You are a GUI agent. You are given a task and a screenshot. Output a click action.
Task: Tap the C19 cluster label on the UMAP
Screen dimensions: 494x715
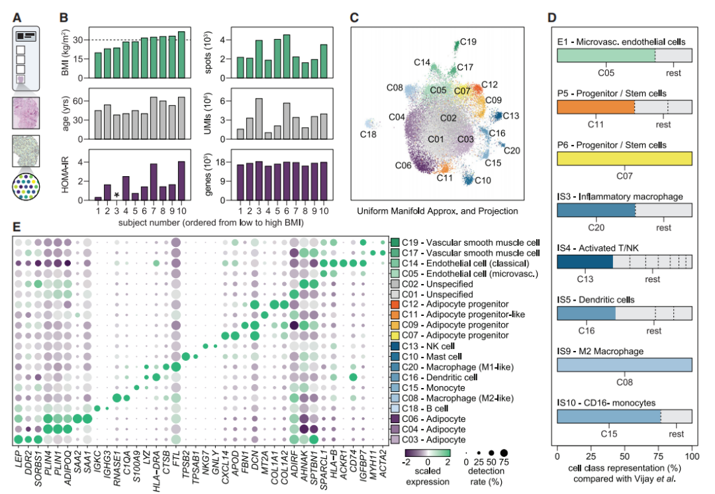[x=468, y=42]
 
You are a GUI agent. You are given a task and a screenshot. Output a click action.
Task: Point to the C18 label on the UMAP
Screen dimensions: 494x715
[x=369, y=134]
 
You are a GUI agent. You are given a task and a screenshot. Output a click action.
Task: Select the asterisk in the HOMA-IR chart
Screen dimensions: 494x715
[x=117, y=195]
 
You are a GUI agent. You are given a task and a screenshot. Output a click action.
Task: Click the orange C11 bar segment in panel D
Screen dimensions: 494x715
[x=595, y=107]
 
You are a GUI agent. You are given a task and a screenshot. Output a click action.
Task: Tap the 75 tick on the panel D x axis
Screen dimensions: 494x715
[x=658, y=457]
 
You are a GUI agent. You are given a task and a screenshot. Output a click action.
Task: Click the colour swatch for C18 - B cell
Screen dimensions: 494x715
[x=395, y=409]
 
